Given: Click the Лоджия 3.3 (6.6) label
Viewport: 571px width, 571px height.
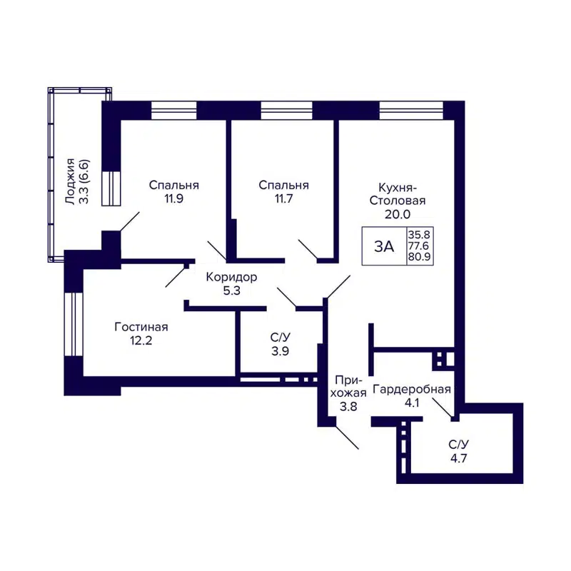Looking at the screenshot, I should (77, 181).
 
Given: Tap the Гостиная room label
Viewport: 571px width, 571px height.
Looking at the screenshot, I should (141, 327).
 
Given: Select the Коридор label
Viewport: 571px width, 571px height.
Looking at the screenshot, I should (231, 277).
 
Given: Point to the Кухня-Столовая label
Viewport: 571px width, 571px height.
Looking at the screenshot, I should (397, 194).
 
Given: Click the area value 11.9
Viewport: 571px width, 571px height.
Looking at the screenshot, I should (173, 199).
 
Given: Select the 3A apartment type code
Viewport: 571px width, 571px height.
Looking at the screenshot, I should (384, 246).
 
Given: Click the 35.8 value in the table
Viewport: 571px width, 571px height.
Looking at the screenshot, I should (419, 233).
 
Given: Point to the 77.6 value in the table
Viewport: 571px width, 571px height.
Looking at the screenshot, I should (419, 246).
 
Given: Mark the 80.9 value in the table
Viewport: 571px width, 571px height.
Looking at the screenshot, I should (419, 258).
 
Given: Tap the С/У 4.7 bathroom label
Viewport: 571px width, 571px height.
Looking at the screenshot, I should (458, 451).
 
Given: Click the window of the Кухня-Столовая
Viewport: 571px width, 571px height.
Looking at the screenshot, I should (410, 110).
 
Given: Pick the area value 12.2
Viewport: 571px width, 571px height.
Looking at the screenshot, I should (141, 341).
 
